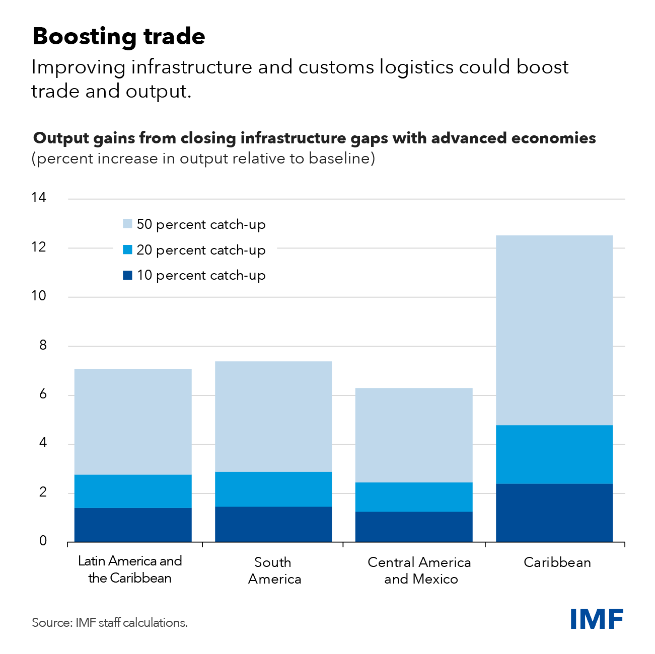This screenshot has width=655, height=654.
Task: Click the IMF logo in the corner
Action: [x=597, y=618]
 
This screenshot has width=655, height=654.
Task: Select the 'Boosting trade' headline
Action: [x=119, y=37]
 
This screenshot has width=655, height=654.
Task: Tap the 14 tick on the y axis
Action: [x=39, y=198]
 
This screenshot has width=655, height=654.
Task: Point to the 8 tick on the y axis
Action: [x=42, y=345]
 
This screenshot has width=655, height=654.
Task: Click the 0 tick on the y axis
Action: [x=43, y=541]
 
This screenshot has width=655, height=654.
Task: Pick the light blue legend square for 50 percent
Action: [x=127, y=224]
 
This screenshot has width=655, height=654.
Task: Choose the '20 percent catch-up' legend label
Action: [x=201, y=250]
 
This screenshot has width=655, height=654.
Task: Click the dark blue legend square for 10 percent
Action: [x=127, y=275]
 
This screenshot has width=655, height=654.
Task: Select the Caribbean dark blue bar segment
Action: [x=554, y=513]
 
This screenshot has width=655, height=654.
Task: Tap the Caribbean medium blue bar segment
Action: [x=554, y=454]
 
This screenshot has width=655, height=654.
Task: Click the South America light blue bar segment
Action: [x=273, y=416]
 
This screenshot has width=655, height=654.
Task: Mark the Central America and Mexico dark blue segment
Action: [x=414, y=526]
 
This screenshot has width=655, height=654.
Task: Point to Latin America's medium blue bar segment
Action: [x=133, y=491]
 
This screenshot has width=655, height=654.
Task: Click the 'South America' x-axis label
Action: [x=274, y=570]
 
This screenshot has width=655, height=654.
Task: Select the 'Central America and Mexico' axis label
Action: [x=420, y=570]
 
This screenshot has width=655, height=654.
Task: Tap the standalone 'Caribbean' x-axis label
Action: [x=557, y=562]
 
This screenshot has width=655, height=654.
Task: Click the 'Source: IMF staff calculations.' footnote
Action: [x=110, y=623]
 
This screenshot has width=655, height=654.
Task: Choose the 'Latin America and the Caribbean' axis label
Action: [x=130, y=569]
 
